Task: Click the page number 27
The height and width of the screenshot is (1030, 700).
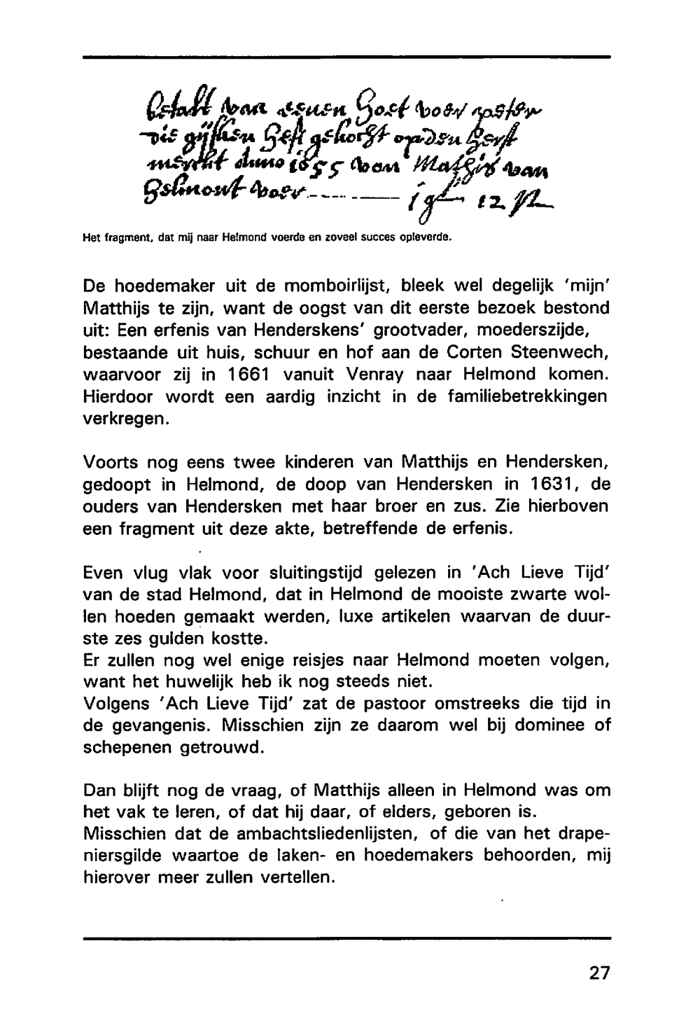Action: tap(599, 973)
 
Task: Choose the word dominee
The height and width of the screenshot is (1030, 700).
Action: tap(545, 725)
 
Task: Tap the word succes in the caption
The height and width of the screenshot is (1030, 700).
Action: tap(346, 239)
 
